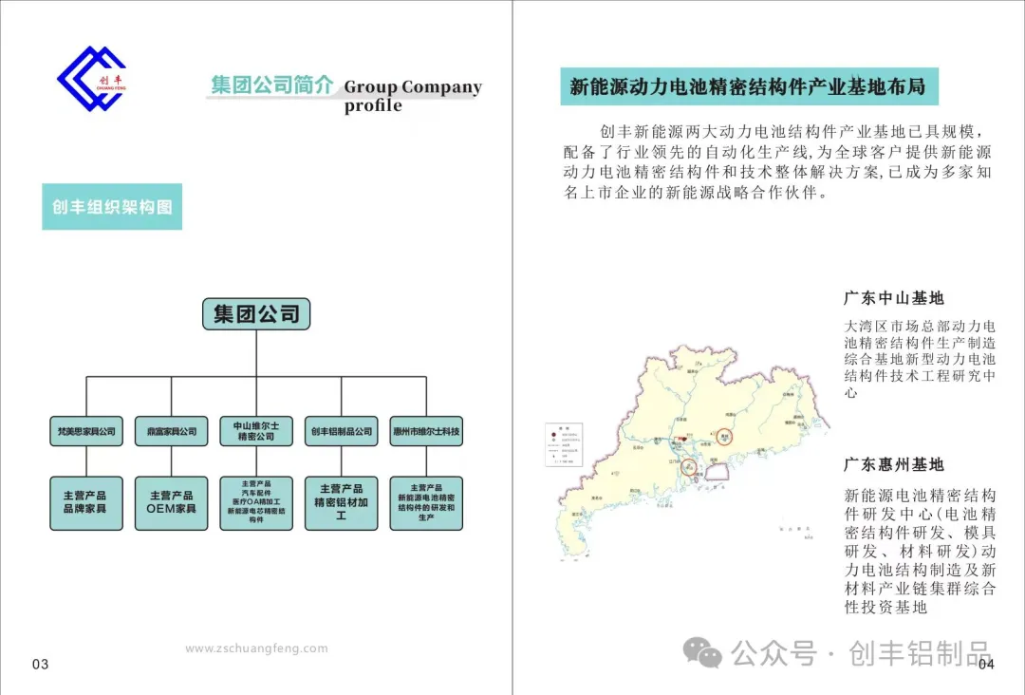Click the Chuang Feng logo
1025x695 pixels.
click(x=91, y=78)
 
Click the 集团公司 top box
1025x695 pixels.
click(x=256, y=313)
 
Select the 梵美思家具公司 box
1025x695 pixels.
click(x=86, y=431)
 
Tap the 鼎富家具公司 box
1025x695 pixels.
click(x=171, y=431)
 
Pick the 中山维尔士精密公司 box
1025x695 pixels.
click(x=256, y=431)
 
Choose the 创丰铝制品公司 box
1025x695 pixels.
click(x=341, y=431)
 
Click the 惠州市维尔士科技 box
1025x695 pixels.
click(x=426, y=431)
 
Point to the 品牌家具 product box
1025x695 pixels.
click(x=86, y=502)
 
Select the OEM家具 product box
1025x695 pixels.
click(x=171, y=502)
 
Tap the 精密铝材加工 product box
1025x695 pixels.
click(x=341, y=502)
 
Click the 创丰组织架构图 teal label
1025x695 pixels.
click(x=112, y=207)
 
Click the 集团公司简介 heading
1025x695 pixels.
click(x=272, y=85)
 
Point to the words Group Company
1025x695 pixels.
click(x=413, y=87)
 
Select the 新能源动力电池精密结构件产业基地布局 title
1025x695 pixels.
click(x=748, y=87)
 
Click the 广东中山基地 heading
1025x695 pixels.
click(x=894, y=298)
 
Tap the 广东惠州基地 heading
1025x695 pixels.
click(x=894, y=464)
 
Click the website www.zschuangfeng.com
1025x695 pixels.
click(x=256, y=648)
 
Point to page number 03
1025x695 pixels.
click(x=40, y=664)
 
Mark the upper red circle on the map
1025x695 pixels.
click(x=724, y=437)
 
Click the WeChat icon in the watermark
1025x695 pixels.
click(x=704, y=652)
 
